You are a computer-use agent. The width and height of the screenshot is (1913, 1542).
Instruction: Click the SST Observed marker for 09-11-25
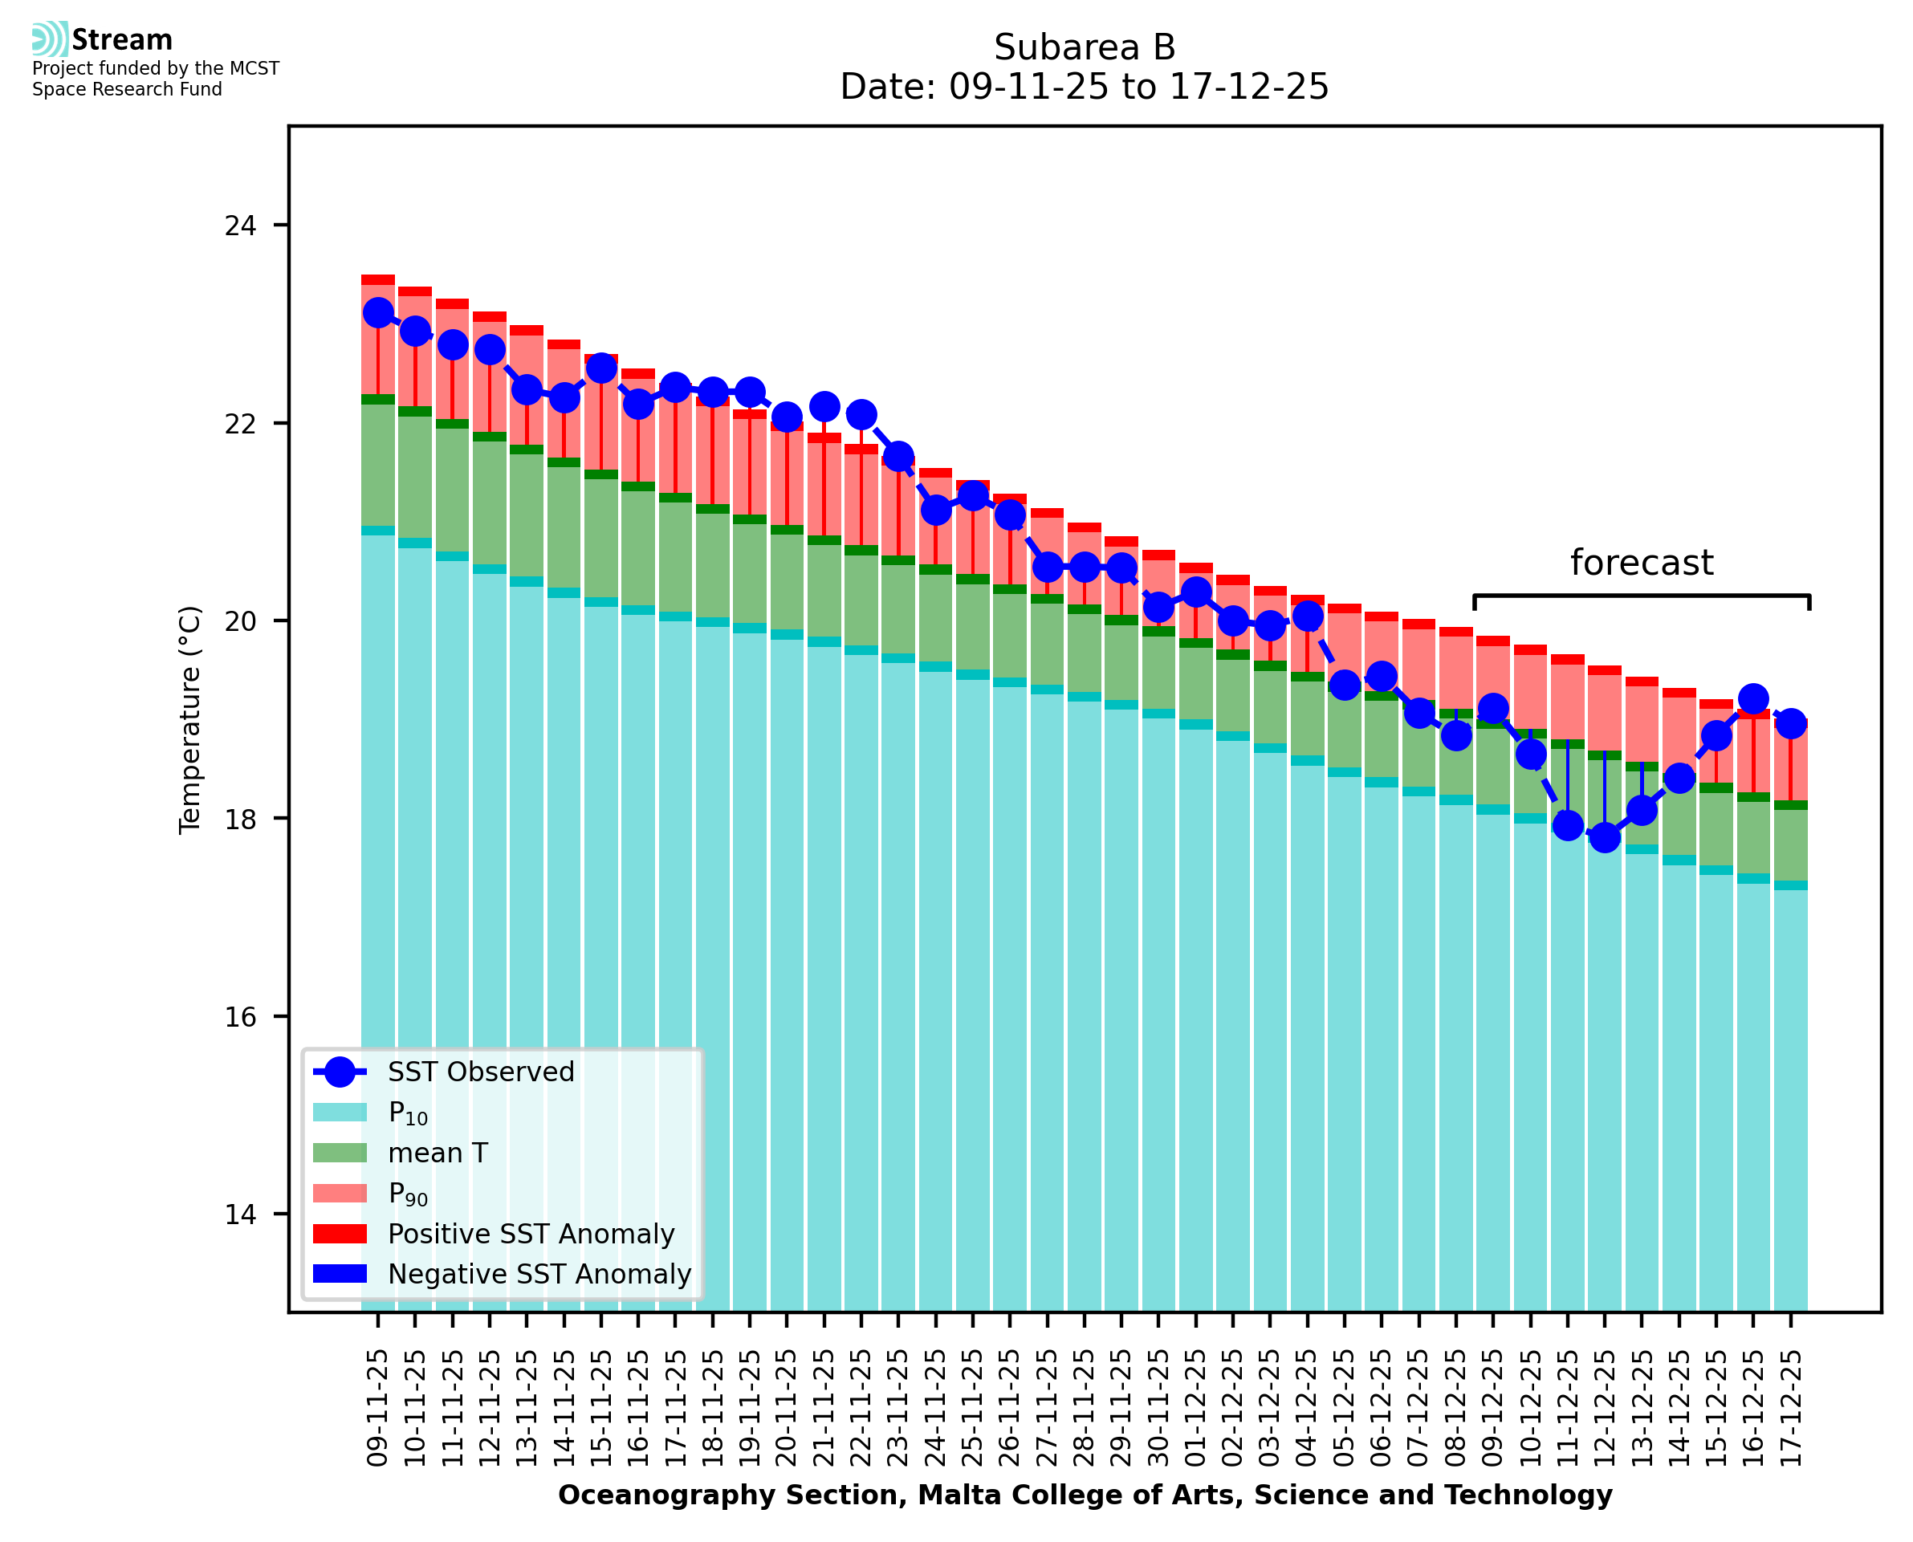click(378, 313)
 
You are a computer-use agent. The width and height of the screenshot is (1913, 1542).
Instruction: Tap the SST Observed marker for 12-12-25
click(1604, 836)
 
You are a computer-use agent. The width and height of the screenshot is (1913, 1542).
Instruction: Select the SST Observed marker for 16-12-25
click(1752, 699)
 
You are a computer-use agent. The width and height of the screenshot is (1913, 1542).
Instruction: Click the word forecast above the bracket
click(1641, 564)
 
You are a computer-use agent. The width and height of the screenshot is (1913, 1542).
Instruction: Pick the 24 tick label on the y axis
click(240, 226)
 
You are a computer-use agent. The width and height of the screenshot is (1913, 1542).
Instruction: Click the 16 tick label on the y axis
click(240, 1017)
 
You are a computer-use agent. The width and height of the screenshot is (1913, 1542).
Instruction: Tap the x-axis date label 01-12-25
click(1196, 1409)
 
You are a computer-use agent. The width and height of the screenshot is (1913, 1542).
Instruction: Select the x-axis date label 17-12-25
click(1790, 1409)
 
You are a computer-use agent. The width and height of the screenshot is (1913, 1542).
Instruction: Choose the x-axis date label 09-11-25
click(378, 1409)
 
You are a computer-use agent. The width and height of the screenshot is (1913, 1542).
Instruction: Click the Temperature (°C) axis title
click(190, 719)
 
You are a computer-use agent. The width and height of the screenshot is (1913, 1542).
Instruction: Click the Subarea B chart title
click(1085, 47)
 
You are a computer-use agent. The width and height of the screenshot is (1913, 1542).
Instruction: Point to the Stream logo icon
click(50, 39)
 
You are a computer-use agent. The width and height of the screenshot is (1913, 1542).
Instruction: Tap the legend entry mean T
click(437, 1153)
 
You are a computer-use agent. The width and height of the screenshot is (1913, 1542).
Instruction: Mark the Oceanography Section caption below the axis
click(1085, 1495)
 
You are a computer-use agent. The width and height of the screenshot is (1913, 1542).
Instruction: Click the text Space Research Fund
click(127, 89)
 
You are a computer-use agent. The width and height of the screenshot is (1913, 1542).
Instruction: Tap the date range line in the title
click(1085, 87)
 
